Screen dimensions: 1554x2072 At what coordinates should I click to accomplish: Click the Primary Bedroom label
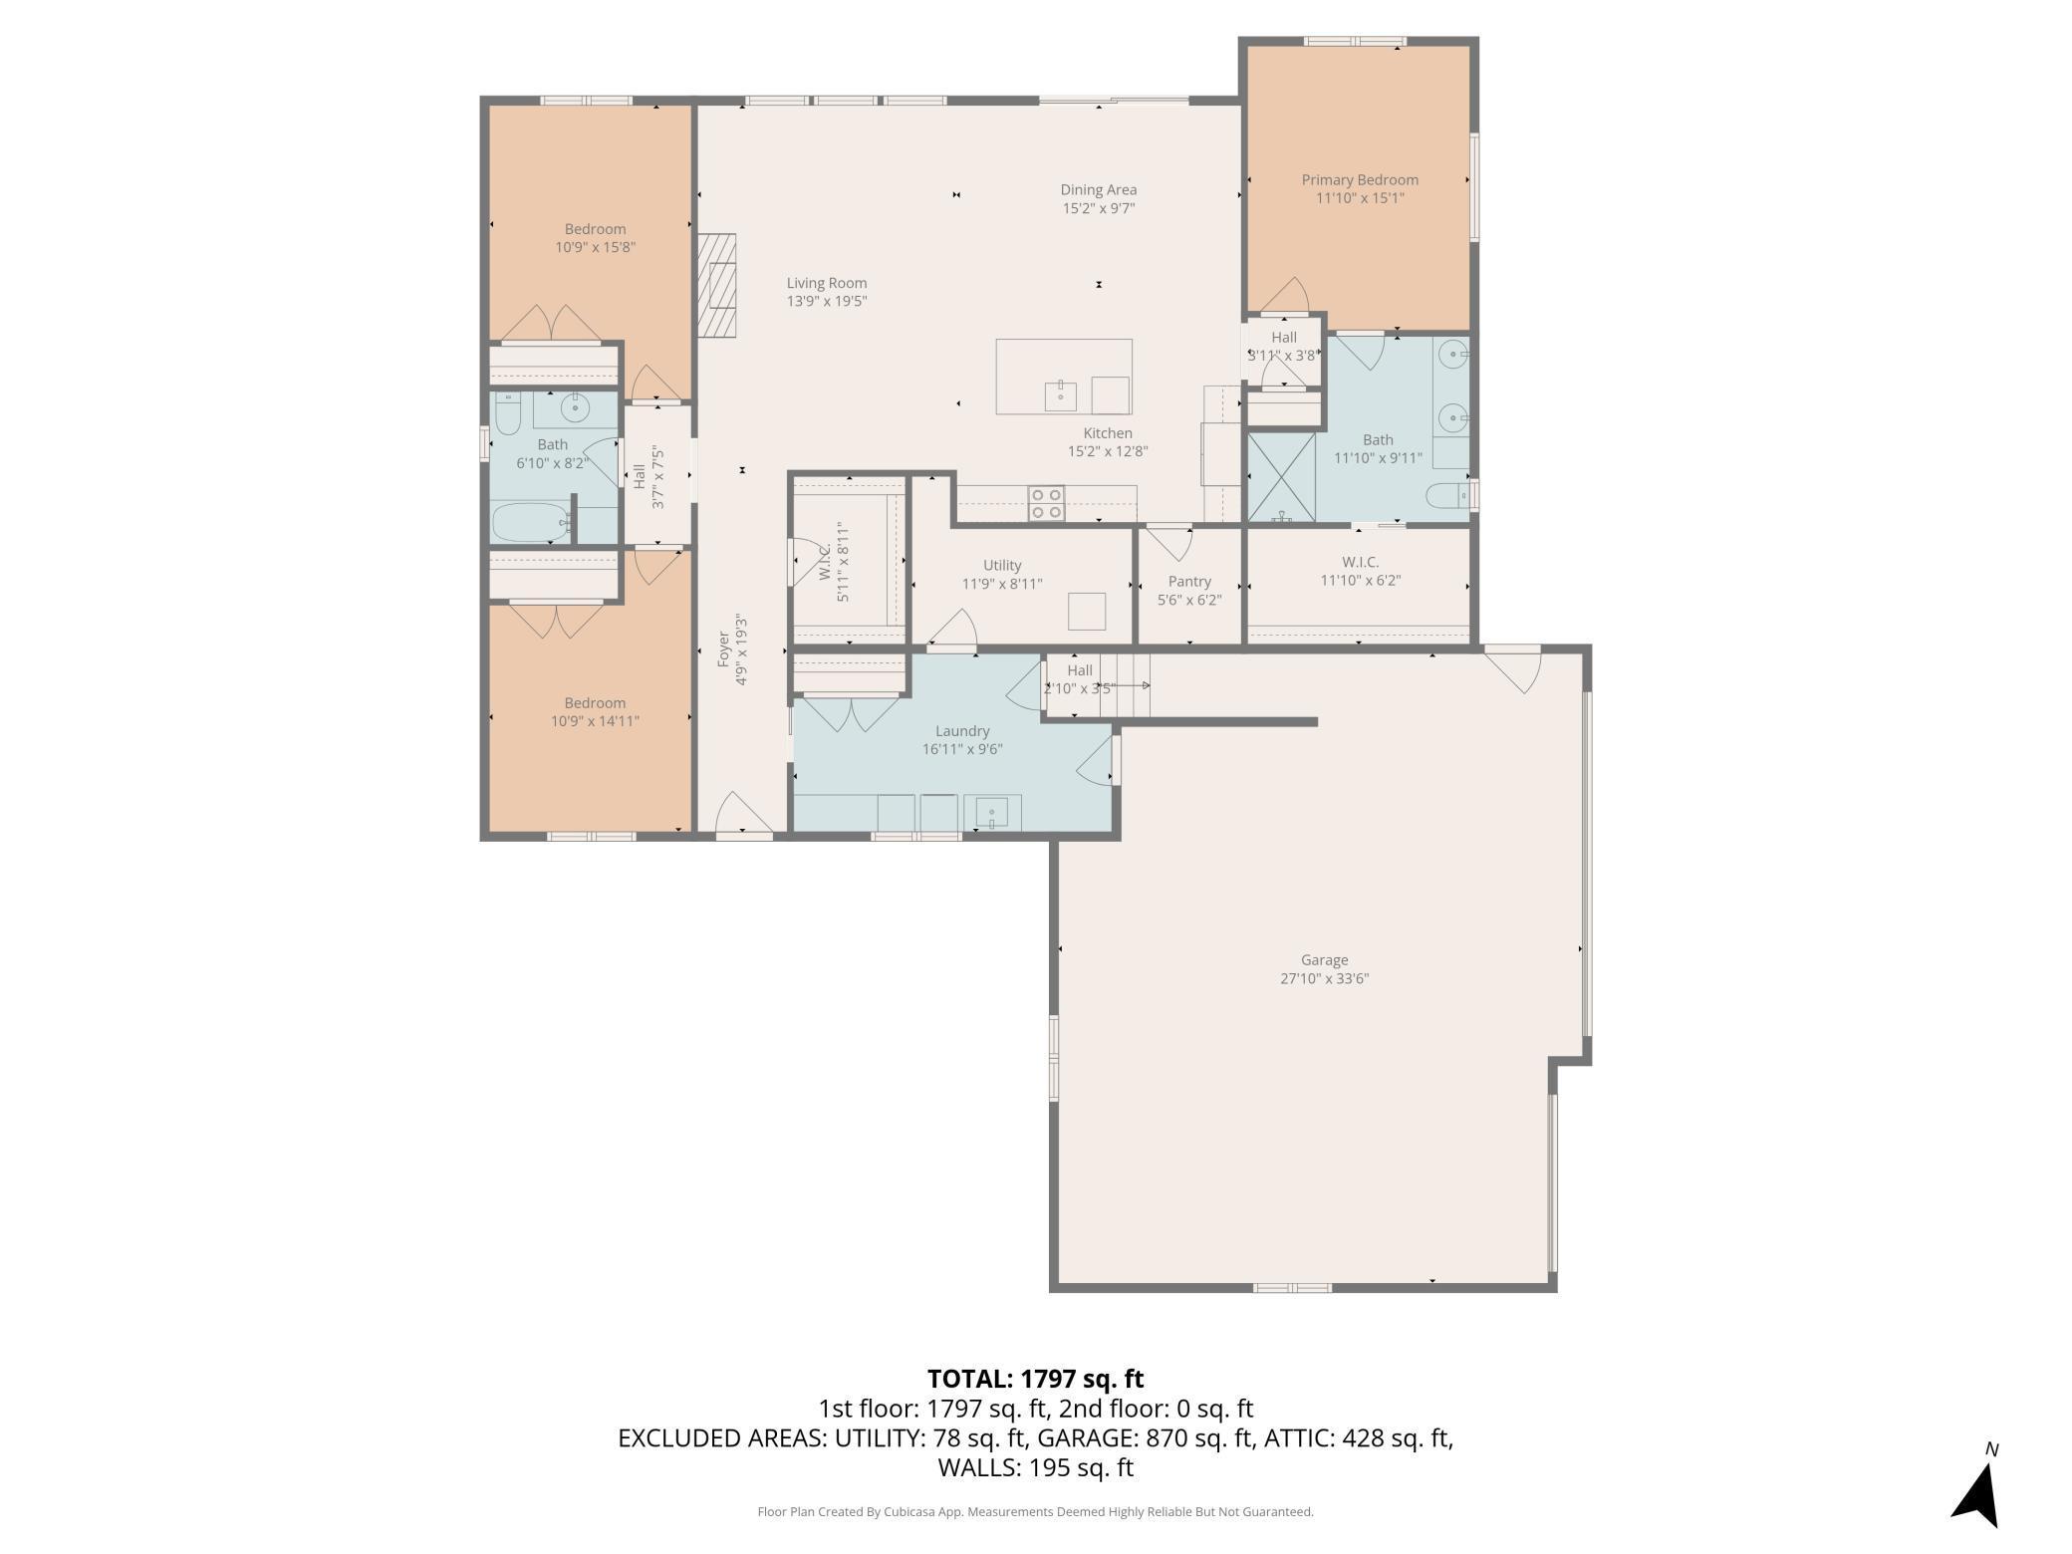[x=1360, y=180]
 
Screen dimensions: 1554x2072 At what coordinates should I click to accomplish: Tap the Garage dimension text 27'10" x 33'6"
[x=1324, y=978]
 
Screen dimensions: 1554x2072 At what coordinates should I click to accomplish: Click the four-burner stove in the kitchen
[x=1046, y=503]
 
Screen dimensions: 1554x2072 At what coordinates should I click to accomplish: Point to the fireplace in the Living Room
[x=716, y=285]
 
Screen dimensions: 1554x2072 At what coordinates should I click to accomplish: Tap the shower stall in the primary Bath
[x=1281, y=477]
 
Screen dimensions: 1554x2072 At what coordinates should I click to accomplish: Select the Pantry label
[x=1189, y=582]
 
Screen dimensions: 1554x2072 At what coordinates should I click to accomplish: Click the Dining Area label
[x=1098, y=189]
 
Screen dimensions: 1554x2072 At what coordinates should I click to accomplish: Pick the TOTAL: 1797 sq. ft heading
[x=1035, y=1379]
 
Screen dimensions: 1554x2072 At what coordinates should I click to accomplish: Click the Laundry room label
[x=962, y=731]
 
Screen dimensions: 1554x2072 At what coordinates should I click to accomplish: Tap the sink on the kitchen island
[x=1060, y=395]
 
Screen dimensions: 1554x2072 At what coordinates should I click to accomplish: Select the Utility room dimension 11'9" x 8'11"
[x=1002, y=584]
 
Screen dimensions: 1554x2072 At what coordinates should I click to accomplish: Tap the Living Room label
[x=827, y=283]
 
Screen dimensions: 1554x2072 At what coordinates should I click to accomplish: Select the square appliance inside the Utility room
[x=1087, y=611]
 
